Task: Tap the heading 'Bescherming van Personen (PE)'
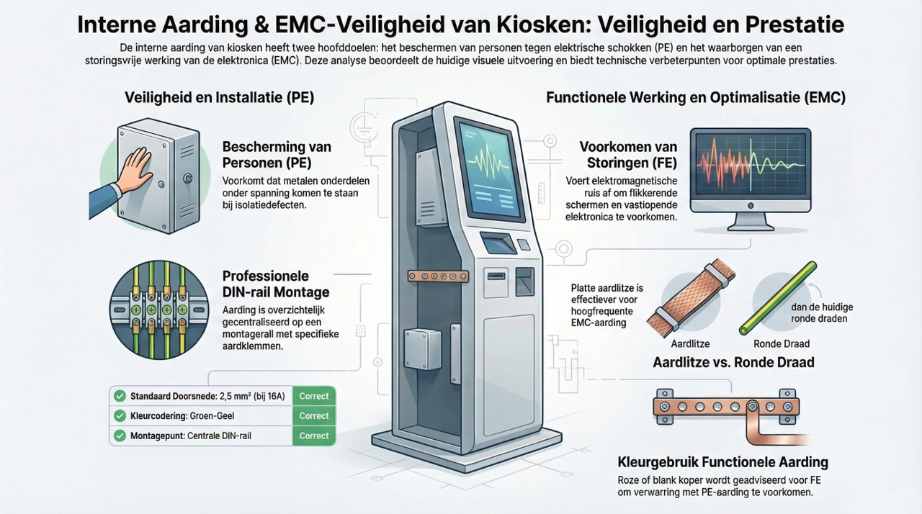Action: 277,155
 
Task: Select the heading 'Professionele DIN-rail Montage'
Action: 276,284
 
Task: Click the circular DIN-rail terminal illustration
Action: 159,310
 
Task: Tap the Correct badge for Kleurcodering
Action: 313,415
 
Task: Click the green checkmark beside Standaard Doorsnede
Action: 120,396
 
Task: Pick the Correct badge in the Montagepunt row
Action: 313,436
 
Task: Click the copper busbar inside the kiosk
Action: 438,276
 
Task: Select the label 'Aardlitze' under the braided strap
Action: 690,344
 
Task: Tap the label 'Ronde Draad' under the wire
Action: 782,344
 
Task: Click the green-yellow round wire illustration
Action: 777,299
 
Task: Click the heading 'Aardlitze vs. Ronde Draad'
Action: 733,362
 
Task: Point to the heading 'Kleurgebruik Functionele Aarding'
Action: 722,462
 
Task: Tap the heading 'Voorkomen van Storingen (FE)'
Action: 628,155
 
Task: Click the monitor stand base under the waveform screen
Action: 751,226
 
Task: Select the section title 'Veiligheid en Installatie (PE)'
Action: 220,97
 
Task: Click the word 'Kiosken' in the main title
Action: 543,24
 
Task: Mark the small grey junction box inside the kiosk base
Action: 423,349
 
